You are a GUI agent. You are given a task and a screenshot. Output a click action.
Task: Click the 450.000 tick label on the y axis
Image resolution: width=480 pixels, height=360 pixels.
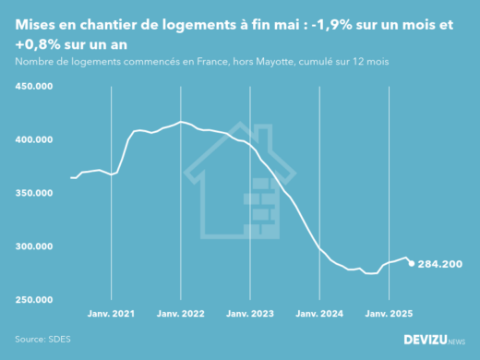pyautogui.click(x=34, y=86)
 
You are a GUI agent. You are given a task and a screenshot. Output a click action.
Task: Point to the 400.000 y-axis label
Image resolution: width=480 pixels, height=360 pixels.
pyautogui.click(x=34, y=139)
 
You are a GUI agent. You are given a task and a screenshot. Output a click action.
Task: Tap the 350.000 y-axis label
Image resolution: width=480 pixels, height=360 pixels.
pyautogui.click(x=34, y=193)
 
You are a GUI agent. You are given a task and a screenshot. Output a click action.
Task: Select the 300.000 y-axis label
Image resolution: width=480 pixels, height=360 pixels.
pyautogui.click(x=34, y=246)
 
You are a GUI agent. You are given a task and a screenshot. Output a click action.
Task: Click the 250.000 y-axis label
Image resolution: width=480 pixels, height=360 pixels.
pyautogui.click(x=34, y=300)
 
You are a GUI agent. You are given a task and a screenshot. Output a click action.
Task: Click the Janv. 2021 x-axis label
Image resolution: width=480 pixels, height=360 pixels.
pyautogui.click(x=112, y=314)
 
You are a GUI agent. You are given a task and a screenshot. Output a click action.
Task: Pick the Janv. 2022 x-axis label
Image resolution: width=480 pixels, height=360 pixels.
pyautogui.click(x=181, y=314)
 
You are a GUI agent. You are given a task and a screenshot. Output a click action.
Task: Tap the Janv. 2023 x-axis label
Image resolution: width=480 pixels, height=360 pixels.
pyautogui.click(x=250, y=314)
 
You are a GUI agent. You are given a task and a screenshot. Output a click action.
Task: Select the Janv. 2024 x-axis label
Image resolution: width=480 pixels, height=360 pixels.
pyautogui.click(x=319, y=314)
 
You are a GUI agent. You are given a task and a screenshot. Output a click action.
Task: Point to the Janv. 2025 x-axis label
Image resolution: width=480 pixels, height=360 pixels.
pyautogui.click(x=389, y=314)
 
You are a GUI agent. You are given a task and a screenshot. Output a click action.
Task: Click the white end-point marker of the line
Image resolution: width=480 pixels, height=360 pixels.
pyautogui.click(x=412, y=263)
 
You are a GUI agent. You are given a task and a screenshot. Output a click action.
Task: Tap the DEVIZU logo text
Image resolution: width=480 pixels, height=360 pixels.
pyautogui.click(x=433, y=340)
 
